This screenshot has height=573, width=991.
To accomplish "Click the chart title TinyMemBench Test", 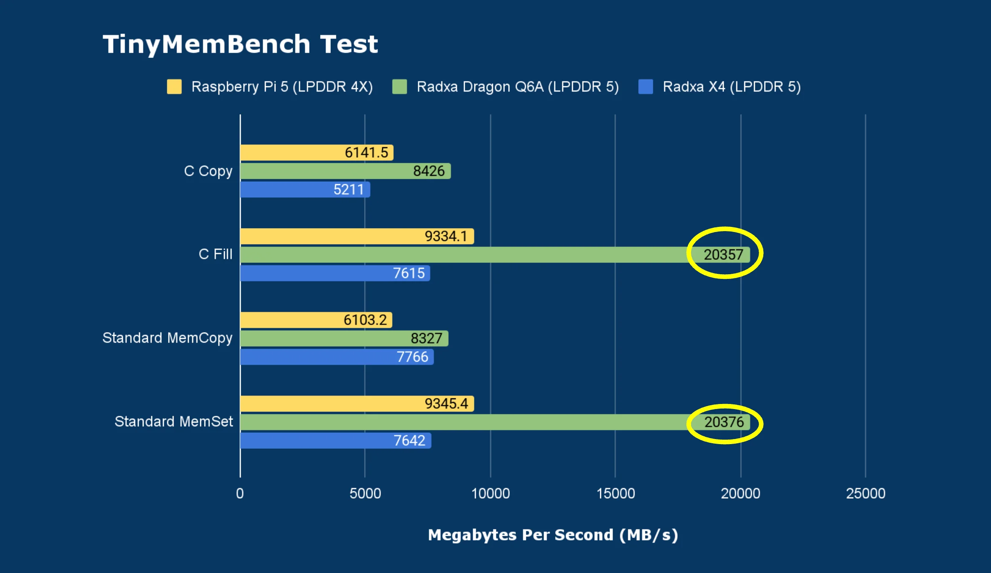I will (x=240, y=44).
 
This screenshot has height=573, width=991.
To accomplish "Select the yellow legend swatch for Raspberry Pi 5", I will (x=174, y=87).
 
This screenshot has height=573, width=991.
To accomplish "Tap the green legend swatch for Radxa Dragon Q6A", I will (x=399, y=87).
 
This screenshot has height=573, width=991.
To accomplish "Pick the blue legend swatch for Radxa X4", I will (x=645, y=87).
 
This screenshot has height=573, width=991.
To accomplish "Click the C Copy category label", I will (x=208, y=171).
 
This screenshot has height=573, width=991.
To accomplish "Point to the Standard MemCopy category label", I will (x=167, y=338).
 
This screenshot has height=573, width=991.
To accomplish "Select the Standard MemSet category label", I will (x=174, y=422).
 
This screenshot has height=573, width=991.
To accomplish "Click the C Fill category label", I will (x=215, y=254).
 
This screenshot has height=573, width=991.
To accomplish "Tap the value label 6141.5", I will (x=366, y=153).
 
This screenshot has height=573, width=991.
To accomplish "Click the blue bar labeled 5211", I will (x=304, y=190).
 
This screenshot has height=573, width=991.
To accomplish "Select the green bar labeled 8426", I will (x=345, y=171).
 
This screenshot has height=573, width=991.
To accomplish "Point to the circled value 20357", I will (x=723, y=255).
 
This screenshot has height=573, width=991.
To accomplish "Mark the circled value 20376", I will (x=724, y=422).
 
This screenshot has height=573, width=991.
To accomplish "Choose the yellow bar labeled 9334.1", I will (x=357, y=236).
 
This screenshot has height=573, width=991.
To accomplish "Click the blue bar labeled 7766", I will (x=336, y=357).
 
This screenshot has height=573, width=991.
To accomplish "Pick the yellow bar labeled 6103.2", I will (x=316, y=320).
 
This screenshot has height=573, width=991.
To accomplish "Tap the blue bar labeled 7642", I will (x=335, y=441).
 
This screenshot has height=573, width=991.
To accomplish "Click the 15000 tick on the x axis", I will (x=615, y=494).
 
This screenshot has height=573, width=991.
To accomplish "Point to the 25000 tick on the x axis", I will (x=866, y=494).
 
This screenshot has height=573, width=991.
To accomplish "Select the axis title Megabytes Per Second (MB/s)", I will (x=553, y=535).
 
